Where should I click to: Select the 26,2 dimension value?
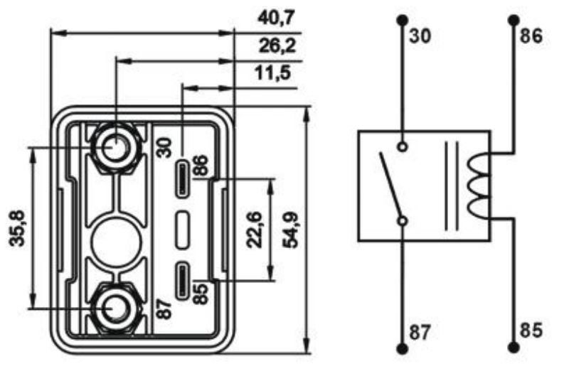[277, 47]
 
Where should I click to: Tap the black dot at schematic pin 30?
[403, 19]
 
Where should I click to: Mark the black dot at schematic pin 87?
[403, 348]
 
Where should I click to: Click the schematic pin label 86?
[531, 36]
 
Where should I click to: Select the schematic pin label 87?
[420, 332]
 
